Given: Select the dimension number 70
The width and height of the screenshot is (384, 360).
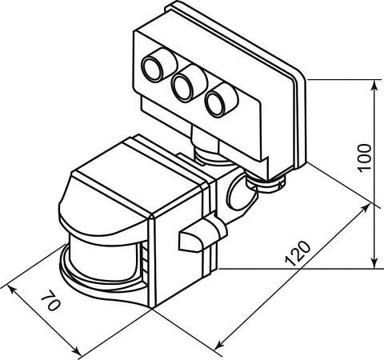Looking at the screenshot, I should click(51, 306).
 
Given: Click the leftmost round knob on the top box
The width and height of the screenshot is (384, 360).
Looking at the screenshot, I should click(156, 70).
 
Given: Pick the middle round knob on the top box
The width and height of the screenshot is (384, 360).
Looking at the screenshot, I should click(186, 84).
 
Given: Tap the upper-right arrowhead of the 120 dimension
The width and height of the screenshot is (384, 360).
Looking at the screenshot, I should click(367, 207).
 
